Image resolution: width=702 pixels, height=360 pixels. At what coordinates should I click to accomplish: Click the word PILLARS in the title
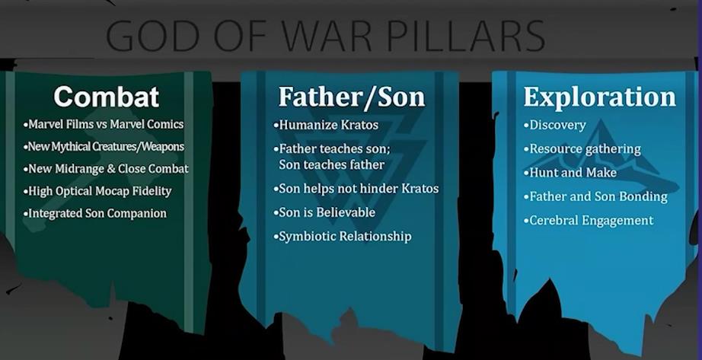click(x=466, y=35)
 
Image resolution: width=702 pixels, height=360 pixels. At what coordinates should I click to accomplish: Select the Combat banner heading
click(x=106, y=96)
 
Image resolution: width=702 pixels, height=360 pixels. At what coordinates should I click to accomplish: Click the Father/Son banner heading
click(x=352, y=97)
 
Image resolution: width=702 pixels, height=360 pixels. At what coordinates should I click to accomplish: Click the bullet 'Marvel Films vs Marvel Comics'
click(x=104, y=124)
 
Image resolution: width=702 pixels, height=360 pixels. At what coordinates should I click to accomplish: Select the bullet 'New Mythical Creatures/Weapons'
click(x=104, y=146)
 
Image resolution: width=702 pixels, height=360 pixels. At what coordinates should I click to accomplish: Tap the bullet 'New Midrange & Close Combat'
click(x=106, y=169)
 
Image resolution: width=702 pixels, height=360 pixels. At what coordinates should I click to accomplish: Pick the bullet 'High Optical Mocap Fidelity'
click(x=97, y=191)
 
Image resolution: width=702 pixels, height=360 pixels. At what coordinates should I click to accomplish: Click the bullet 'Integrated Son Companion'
click(x=95, y=213)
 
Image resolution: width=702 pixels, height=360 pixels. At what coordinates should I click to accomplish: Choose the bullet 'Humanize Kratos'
click(x=326, y=125)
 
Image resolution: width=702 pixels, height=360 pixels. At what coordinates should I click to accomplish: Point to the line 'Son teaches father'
click(x=331, y=164)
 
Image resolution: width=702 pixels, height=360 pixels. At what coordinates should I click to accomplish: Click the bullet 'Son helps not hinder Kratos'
click(x=356, y=189)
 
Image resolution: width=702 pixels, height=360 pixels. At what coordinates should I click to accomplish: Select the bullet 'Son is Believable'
click(x=324, y=212)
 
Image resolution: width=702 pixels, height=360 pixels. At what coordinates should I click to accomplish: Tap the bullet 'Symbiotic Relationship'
click(x=342, y=236)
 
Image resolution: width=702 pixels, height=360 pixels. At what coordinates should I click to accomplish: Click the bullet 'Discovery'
click(x=555, y=125)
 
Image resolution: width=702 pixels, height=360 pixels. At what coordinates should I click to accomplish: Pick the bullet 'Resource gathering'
click(x=582, y=149)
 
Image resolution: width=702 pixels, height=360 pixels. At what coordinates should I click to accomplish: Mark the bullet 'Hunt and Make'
click(x=570, y=172)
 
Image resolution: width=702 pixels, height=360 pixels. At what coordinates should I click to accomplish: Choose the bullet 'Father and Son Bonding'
click(x=596, y=196)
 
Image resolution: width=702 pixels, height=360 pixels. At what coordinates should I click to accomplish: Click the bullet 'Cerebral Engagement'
click(x=589, y=220)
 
